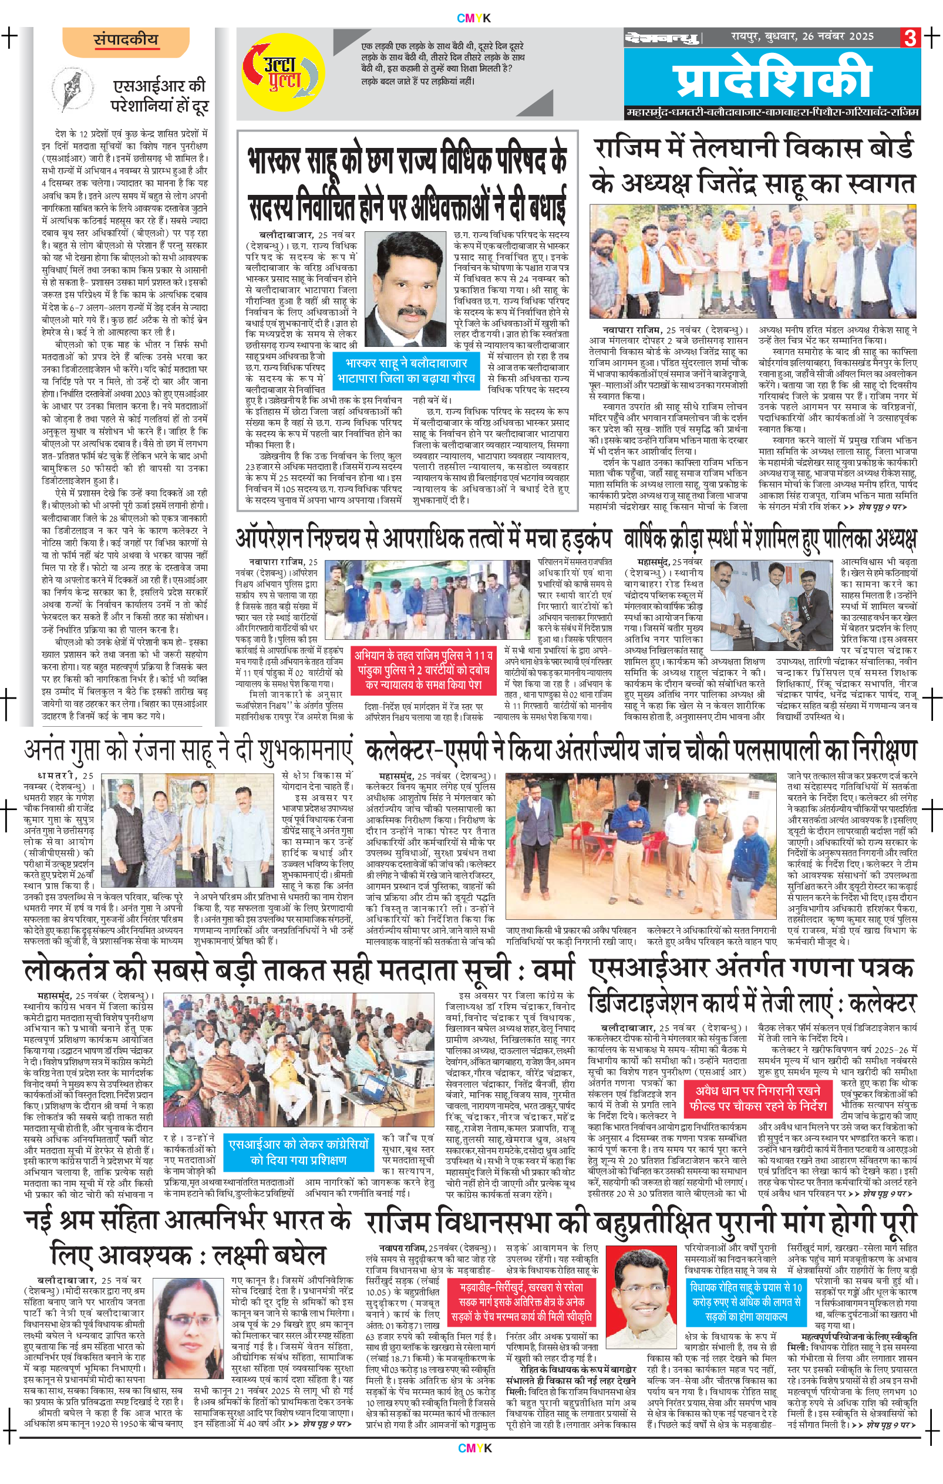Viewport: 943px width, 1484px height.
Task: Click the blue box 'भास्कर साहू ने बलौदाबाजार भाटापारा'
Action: click(406, 370)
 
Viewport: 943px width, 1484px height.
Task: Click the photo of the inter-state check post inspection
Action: click(644, 845)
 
